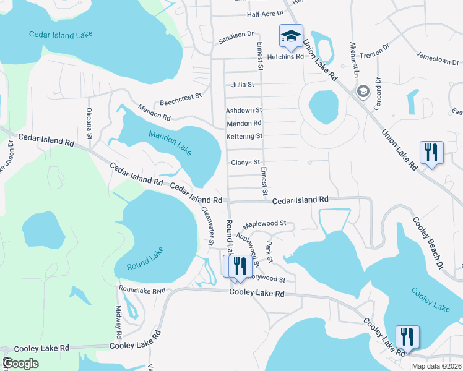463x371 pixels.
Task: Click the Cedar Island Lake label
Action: [61, 34]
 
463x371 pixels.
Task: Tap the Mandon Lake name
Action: [171, 142]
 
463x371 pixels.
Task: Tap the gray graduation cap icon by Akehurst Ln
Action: [363, 91]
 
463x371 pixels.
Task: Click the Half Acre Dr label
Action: [264, 13]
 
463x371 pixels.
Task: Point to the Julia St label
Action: [243, 84]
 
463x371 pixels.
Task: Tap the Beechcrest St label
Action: [181, 96]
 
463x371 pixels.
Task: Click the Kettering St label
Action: [244, 136]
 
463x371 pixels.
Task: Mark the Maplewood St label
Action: [264, 223]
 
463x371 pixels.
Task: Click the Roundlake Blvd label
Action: [142, 289]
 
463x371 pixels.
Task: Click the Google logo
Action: [20, 364]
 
